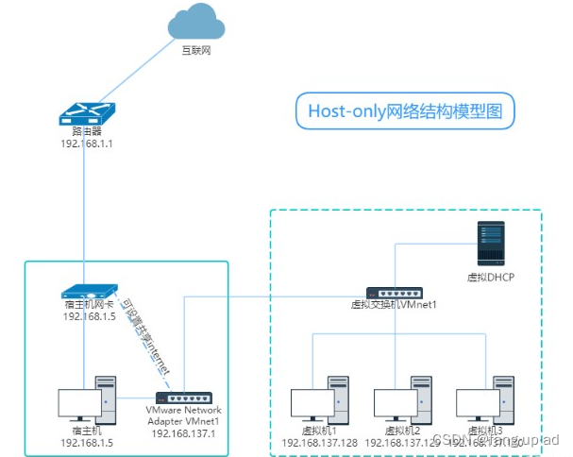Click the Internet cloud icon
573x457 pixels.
click(x=196, y=23)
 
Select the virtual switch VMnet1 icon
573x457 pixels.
click(x=395, y=294)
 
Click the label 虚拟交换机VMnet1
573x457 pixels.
click(x=395, y=306)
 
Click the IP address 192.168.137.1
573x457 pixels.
click(x=182, y=433)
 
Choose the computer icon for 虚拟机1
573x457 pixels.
click(x=319, y=400)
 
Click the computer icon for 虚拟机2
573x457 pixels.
click(x=402, y=400)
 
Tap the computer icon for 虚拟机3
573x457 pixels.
click(x=483, y=400)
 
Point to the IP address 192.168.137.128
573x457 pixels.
click(x=319, y=442)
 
